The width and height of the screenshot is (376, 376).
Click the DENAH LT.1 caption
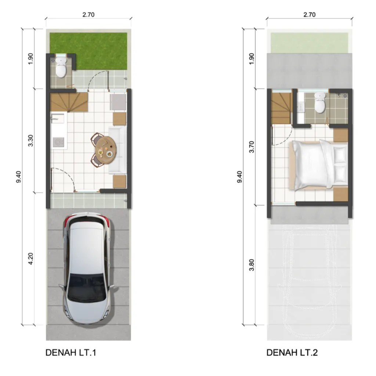click(71, 353)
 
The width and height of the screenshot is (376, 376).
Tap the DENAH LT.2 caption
click(292, 353)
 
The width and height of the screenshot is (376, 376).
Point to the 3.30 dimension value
click(31, 141)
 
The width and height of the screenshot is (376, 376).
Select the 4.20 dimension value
click(31, 259)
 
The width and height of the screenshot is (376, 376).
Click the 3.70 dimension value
click(252, 147)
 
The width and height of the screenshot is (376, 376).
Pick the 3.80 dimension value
click(252, 265)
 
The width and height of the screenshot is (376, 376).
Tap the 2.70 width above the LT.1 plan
click(89, 15)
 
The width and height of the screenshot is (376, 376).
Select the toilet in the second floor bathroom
click(320, 103)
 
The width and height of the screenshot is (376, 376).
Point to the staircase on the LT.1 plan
click(69, 102)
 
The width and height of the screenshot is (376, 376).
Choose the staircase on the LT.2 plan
click(281, 108)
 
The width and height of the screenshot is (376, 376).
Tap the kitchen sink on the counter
click(58, 119)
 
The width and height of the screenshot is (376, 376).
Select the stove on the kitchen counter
click(58, 142)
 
